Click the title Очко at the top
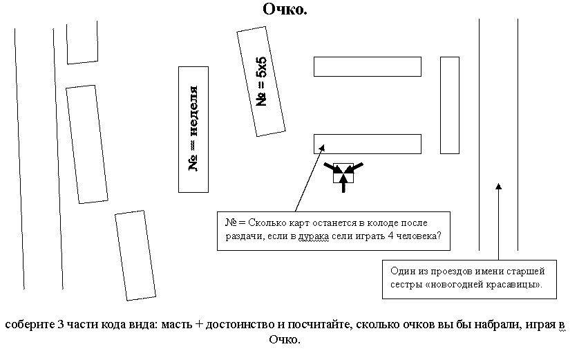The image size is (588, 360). (x=285, y=10)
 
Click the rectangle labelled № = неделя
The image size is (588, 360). (x=193, y=129)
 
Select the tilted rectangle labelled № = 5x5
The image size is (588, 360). (x=261, y=82)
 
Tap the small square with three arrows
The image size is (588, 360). (x=343, y=173)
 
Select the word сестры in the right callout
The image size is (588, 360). (x=407, y=284)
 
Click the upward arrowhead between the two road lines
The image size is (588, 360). (x=498, y=185)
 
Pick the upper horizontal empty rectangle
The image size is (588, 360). (x=367, y=66)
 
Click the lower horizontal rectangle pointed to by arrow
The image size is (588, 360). (x=367, y=144)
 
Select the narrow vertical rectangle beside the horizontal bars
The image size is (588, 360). (x=449, y=104)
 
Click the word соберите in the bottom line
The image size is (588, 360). (x=27, y=324)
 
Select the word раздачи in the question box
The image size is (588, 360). (x=244, y=238)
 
